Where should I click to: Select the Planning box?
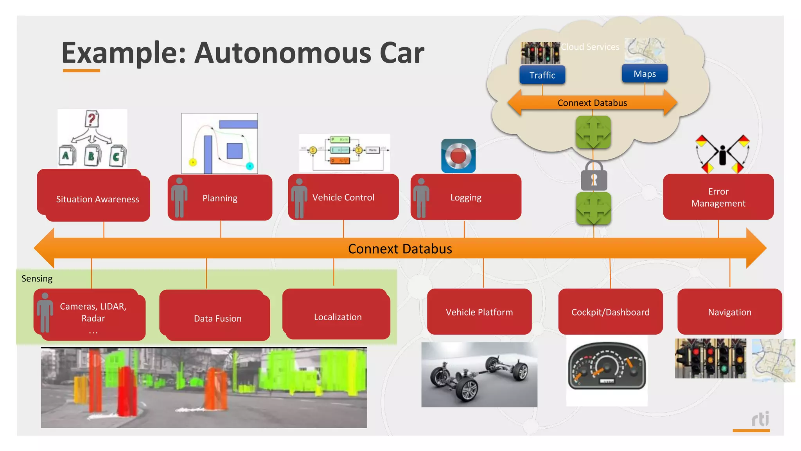tap(220, 198)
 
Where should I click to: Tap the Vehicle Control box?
tap(343, 197)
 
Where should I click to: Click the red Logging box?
tap(466, 197)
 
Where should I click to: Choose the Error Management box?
tap(718, 197)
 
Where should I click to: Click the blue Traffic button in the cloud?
tap(542, 75)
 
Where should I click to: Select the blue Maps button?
tap(645, 74)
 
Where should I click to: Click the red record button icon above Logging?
tap(458, 156)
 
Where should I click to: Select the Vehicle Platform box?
tap(479, 312)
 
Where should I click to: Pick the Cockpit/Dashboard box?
tap(610, 312)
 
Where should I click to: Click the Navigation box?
tap(729, 312)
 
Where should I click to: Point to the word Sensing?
tap(37, 278)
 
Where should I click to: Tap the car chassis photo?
tap(479, 375)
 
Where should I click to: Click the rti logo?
tap(760, 419)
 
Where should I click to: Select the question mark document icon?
tap(92, 119)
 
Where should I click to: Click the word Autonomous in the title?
tap(282, 53)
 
